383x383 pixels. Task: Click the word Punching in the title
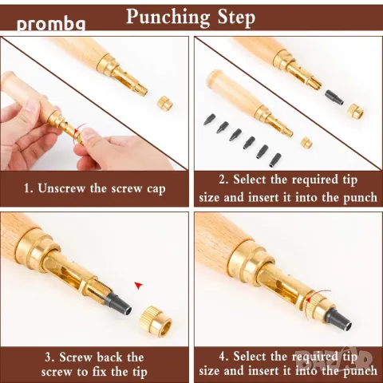pyautogui.click(x=168, y=18)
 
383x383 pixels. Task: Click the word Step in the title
pyautogui.click(x=236, y=18)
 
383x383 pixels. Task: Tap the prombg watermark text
pyautogui.click(x=51, y=25)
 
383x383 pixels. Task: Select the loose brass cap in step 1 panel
pyautogui.click(x=164, y=103)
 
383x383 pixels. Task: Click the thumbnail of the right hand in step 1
pyautogui.click(x=89, y=133)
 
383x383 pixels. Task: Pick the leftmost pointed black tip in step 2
pyautogui.click(x=209, y=119)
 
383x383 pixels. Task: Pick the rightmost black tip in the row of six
pyautogui.click(x=276, y=160)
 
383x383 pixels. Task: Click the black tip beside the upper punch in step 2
pyautogui.click(x=334, y=97)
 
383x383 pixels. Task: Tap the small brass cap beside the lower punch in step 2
pyautogui.click(x=306, y=142)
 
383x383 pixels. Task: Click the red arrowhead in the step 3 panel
pyautogui.click(x=138, y=286)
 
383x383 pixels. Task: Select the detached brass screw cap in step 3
pyautogui.click(x=156, y=321)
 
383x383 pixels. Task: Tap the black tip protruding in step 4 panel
pyautogui.click(x=338, y=318)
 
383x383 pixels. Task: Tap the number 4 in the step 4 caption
pyautogui.click(x=223, y=357)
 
